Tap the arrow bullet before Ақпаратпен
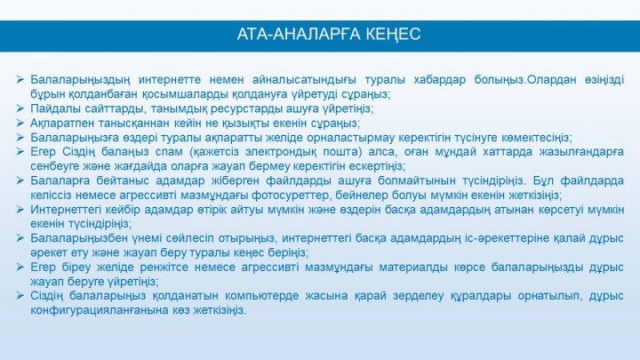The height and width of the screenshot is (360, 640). [20, 123]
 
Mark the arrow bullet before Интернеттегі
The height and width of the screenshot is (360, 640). [20, 210]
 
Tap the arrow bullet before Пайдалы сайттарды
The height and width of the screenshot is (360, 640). [20, 108]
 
